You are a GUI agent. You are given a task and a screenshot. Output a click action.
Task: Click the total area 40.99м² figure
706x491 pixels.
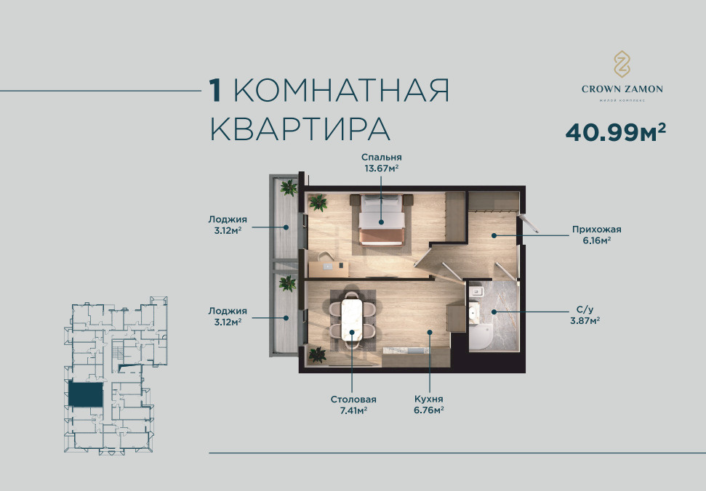pos(616,131)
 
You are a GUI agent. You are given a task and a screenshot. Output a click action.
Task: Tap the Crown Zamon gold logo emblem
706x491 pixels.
pos(622,64)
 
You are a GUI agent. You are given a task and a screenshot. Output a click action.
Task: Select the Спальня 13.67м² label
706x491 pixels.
pos(382,163)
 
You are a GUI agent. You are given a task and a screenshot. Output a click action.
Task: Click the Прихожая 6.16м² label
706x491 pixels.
pos(597,235)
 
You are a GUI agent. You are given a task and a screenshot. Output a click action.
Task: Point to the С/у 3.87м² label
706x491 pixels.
pos(585,315)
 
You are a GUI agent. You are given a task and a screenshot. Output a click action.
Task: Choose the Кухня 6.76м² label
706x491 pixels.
pos(429,405)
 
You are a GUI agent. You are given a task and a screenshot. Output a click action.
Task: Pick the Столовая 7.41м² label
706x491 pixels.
pos(353,405)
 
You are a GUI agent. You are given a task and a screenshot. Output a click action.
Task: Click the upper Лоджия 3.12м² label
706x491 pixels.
pos(228,225)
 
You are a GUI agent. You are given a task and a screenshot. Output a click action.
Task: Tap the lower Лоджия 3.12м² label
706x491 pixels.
pos(228,316)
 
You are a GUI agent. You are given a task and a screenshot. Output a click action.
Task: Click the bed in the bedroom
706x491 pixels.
pos(382,219)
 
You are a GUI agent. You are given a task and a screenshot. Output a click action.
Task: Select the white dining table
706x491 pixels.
pos(352,320)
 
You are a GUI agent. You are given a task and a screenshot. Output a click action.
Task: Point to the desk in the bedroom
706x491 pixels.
pos(328,269)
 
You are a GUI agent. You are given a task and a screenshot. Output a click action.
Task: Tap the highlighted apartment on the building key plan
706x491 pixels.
pos(85,395)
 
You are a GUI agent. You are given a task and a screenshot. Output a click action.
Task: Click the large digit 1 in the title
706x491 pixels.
pos(215,90)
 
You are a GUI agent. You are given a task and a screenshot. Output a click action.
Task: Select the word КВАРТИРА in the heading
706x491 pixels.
pos(300,129)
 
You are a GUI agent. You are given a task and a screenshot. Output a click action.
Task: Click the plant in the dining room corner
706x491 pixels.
pos(318,354)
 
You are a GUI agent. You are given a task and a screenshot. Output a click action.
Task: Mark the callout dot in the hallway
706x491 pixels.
pos(494,235)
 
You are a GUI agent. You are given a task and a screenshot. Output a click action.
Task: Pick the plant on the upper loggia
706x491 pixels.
pos(288,187)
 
